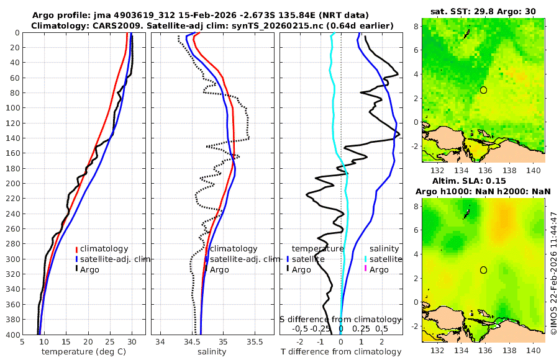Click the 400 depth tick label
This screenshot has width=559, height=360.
(x=12, y=335)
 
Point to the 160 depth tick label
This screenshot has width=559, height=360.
(x=12, y=153)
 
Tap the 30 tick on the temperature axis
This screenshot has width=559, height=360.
(x=132, y=342)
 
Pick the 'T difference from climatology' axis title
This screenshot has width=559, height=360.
(x=341, y=352)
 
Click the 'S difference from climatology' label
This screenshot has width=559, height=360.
(x=340, y=319)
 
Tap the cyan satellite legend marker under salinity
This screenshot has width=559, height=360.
(x=366, y=259)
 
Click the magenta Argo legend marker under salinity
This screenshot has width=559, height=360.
(x=366, y=270)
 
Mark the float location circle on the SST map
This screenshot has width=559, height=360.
(x=484, y=90)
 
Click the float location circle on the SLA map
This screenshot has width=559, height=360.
(x=484, y=270)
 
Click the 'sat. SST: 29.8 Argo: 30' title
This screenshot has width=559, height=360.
(x=483, y=11)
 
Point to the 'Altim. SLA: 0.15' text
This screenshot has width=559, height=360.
(x=483, y=179)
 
